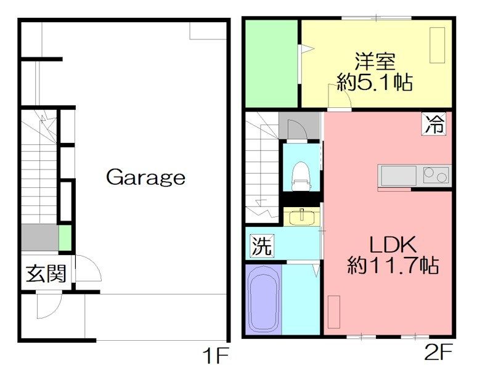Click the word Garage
point(145,177)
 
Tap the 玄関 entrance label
point(46,273)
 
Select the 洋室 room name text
point(374,62)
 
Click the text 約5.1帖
point(374,82)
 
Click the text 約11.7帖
point(393,266)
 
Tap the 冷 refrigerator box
point(433,124)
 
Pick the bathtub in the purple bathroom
point(264,300)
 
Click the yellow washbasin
point(301,217)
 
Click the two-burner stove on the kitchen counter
point(435,176)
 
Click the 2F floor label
point(439,355)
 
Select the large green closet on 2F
point(271,63)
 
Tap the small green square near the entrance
point(65,237)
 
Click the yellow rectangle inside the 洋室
point(437,46)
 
